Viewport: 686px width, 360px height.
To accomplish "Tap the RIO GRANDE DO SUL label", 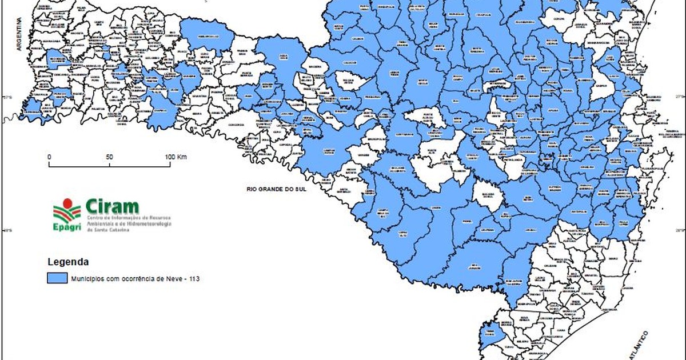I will [272, 189].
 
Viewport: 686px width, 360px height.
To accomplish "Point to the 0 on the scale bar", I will [49, 157].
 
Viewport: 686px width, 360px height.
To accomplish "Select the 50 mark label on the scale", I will [109, 157].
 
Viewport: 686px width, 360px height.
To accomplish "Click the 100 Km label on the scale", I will [176, 157].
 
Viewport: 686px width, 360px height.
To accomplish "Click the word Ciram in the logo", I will [112, 206].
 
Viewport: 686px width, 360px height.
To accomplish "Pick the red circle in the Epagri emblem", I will [68, 203].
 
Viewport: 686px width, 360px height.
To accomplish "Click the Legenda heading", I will [67, 262].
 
